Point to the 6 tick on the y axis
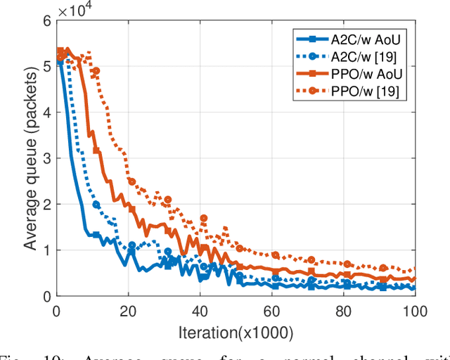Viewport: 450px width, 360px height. [x=46, y=22]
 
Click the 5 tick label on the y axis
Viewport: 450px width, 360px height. [x=46, y=67]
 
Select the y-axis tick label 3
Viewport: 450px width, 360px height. [x=46, y=159]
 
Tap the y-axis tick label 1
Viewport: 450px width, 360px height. [x=46, y=250]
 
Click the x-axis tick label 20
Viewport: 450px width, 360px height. [x=128, y=310]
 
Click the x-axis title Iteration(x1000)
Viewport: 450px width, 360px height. [x=236, y=331]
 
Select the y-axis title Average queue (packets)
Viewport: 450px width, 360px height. [x=29, y=159]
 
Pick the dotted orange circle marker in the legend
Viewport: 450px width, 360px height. [x=314, y=91]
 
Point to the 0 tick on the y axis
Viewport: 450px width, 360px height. [x=46, y=296]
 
